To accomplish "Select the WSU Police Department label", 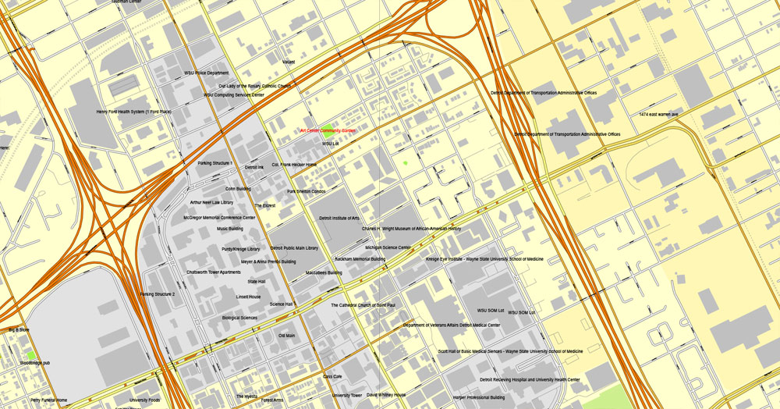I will [x=207, y=73].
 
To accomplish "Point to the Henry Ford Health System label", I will [x=133, y=112].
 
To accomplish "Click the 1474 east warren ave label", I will [x=659, y=114].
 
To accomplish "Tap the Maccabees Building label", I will [x=324, y=272].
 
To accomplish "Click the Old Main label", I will [x=287, y=336].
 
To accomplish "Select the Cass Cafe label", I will [x=333, y=376].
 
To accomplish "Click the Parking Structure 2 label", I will [x=158, y=294].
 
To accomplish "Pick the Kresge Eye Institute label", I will [x=484, y=258].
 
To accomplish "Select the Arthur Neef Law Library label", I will [x=211, y=202].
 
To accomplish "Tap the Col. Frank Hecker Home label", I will [x=294, y=165].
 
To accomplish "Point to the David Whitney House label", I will [x=387, y=395].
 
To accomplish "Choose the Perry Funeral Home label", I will [x=49, y=400].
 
